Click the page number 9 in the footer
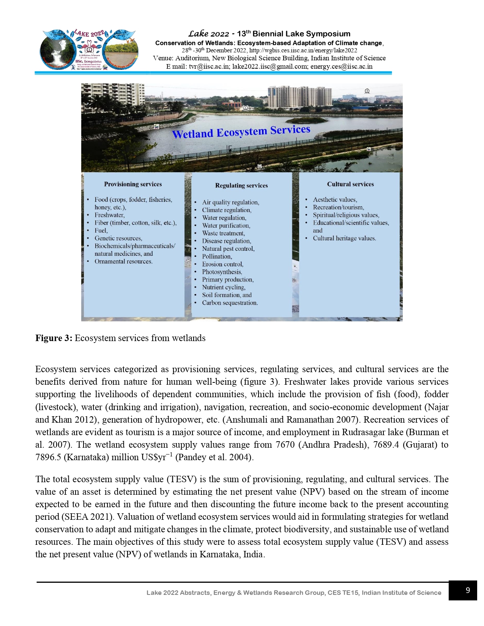tap(468, 590)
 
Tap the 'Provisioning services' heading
tap(133, 184)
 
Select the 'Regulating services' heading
tap(241, 186)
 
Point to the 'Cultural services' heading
tap(350, 184)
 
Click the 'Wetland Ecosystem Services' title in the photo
tap(241, 132)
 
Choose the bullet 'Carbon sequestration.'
tap(230, 303)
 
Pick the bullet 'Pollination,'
tap(217, 256)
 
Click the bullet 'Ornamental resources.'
tap(123, 261)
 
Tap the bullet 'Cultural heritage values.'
tap(344, 238)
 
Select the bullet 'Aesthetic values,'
tap(335, 200)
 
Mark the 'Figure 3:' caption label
tap(54, 338)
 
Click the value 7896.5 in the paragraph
tap(48, 457)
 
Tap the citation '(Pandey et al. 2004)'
tap(214, 457)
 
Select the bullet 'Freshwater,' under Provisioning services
tap(109, 215)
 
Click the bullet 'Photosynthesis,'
tap(222, 272)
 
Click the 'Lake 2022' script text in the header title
tap(208, 34)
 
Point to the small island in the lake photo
tap(306, 120)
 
